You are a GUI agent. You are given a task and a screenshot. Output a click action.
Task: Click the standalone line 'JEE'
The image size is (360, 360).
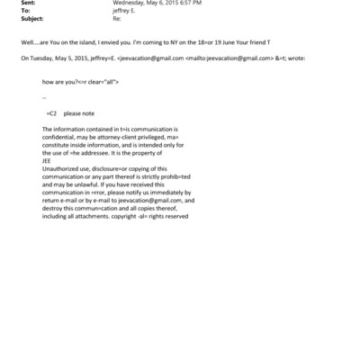[47, 162]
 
